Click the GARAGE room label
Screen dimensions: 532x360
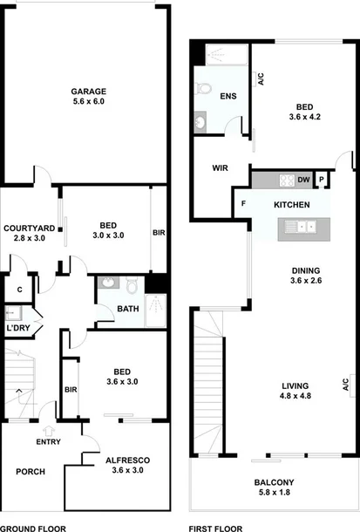88,92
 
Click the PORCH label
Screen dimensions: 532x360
31,472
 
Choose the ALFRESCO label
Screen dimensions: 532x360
125,459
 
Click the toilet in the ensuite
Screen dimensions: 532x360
204,88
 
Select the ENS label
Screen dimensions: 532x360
228,96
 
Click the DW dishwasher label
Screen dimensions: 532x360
303,181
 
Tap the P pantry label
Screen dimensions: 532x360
322,181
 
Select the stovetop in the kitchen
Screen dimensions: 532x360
285,181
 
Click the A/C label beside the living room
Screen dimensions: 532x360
346,384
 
